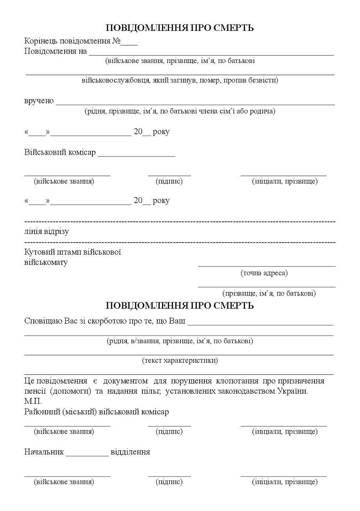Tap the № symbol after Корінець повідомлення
click(116, 41)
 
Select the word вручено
click(39, 101)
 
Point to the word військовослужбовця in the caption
click(116, 81)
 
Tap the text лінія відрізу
click(47, 231)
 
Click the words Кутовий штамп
click(51, 252)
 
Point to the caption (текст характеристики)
click(180, 360)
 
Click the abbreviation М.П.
click(33, 401)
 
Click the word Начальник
click(44, 452)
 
